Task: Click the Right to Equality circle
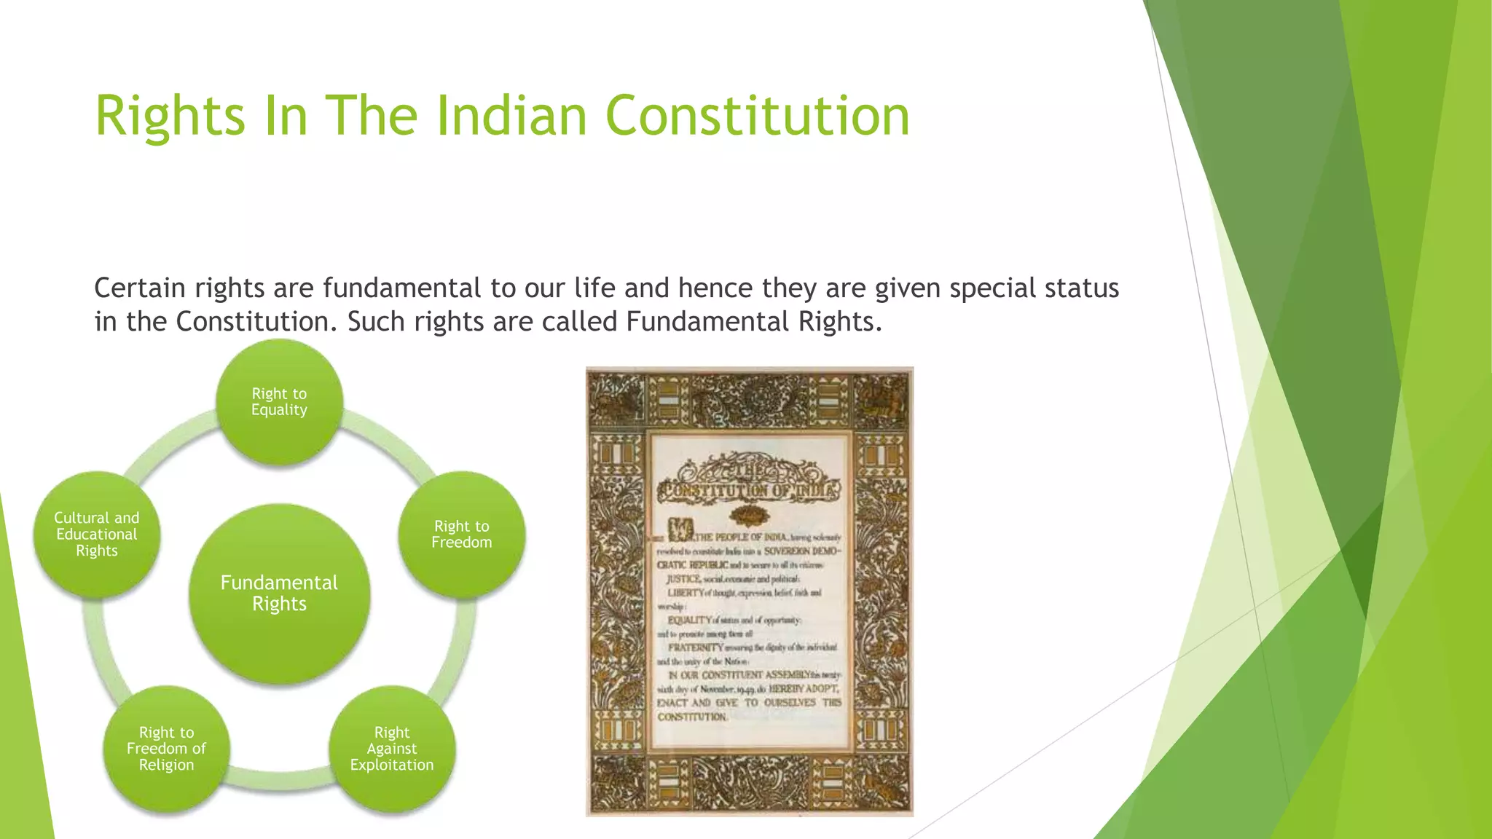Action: (x=279, y=402)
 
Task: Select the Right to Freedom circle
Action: (x=462, y=535)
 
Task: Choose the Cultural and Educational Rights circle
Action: (x=97, y=535)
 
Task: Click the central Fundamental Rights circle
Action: (x=279, y=594)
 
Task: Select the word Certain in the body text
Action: (x=140, y=288)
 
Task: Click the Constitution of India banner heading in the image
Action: (x=750, y=489)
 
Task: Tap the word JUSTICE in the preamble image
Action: (x=684, y=579)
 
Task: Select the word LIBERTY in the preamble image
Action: (x=686, y=593)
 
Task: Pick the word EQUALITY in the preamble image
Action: (x=689, y=621)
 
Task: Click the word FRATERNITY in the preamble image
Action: (x=696, y=647)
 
